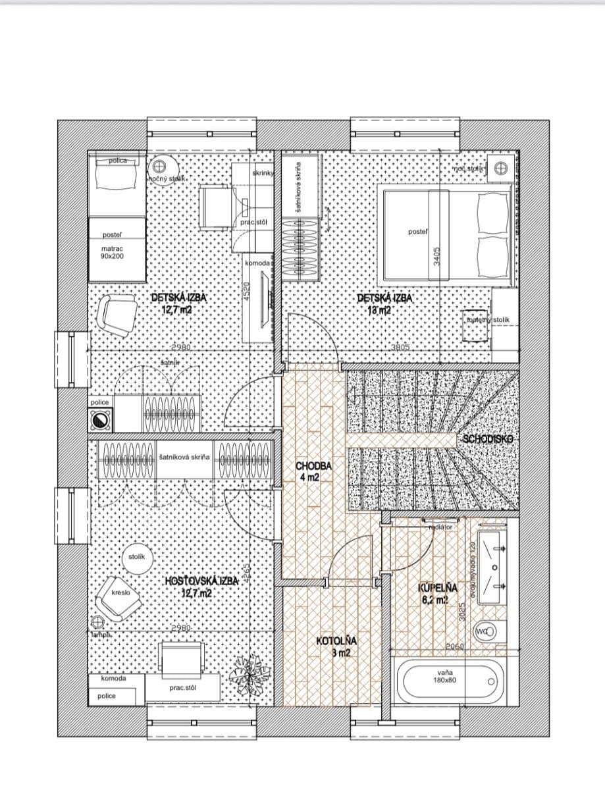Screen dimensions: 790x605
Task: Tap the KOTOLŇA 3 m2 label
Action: [x=336, y=646]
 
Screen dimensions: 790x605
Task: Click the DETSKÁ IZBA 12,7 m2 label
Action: [x=179, y=303]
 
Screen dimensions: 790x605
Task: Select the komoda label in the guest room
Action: [x=113, y=678]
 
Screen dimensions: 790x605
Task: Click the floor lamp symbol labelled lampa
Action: [x=98, y=621]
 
